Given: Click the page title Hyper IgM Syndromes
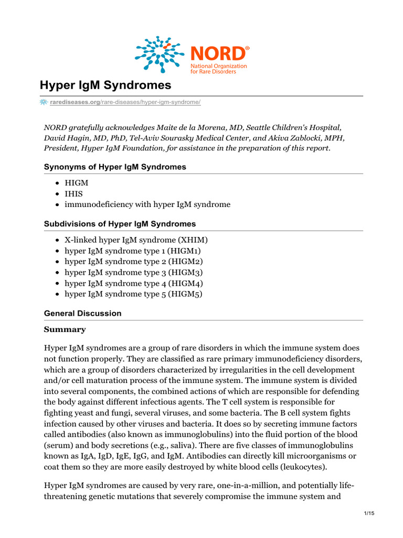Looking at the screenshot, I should pyautogui.click(x=105, y=85).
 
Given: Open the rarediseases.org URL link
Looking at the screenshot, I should pyautogui.click(x=125, y=102).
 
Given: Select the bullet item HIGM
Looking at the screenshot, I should pyautogui.click(x=76, y=182).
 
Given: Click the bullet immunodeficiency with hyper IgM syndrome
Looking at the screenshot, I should pyautogui.click(x=147, y=204).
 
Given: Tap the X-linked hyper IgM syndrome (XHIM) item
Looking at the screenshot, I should pyautogui.click(x=136, y=240).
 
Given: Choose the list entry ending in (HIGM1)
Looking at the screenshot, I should pyautogui.click(x=132, y=251).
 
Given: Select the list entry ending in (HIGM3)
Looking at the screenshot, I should pyautogui.click(x=133, y=273).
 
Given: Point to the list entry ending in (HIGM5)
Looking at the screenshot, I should pyautogui.click(x=133, y=294).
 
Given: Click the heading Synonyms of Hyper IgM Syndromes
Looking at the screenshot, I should pyautogui.click(x=115, y=167).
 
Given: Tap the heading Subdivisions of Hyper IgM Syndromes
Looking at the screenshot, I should pyautogui.click(x=120, y=224).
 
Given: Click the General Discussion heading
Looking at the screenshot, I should pyautogui.click(x=82, y=313).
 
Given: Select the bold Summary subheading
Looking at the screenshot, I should pyautogui.click(x=65, y=330).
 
